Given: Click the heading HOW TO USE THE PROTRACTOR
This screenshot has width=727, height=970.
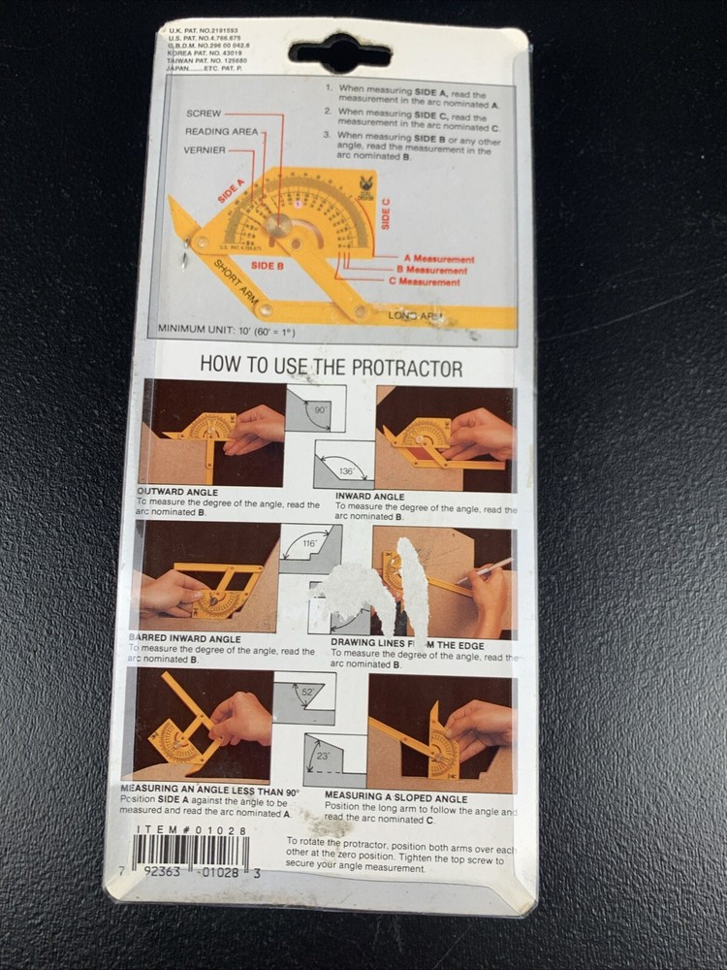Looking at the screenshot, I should pos(331,368).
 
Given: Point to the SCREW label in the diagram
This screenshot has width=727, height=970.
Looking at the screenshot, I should pos(206,113).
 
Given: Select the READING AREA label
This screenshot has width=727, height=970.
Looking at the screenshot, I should pos(222,132).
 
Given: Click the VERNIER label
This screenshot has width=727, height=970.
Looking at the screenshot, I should pos(205,150).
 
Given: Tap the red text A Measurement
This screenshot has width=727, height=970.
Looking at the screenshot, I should pos(438,259).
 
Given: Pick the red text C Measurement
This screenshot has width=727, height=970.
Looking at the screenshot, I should pos(424,281).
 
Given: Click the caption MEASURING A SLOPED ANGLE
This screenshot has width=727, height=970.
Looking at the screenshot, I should pos(395,798).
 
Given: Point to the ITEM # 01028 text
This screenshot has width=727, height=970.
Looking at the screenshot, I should pos(180,830).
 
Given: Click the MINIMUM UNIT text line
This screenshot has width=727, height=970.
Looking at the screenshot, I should pos(227,330).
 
